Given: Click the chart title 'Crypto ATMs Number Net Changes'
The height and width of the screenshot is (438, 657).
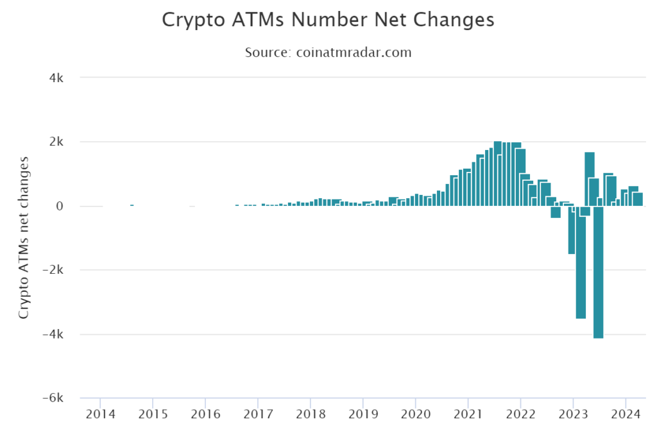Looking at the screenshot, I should [x=328, y=20].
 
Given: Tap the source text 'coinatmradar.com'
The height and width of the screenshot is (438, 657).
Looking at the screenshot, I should [x=354, y=53].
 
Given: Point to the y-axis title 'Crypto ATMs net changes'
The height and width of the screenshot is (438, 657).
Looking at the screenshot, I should [x=24, y=237].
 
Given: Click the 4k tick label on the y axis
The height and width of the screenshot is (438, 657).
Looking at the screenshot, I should [x=56, y=78].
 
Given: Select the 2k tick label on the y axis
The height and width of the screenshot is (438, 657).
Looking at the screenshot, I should [x=56, y=142].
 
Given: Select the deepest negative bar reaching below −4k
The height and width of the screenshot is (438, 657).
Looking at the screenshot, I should [x=598, y=276].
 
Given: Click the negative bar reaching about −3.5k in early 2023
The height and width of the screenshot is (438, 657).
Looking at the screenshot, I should [x=581, y=269].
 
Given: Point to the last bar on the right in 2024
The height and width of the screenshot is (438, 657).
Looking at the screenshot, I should [x=638, y=199].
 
